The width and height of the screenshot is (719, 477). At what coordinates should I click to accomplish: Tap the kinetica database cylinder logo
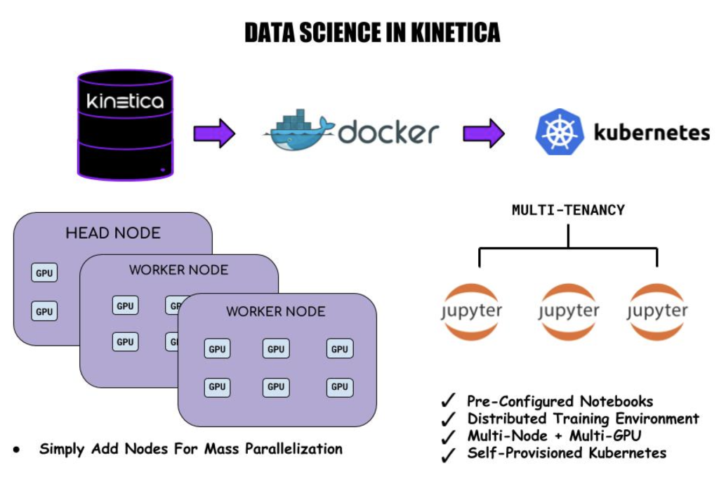coord(125,124)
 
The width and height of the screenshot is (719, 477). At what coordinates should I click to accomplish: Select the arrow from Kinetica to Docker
coord(214,133)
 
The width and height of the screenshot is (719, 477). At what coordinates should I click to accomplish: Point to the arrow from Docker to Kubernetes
coord(484,133)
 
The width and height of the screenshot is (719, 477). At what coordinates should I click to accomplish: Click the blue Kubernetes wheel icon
coord(559,131)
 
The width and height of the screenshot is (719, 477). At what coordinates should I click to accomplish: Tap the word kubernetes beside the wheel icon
coord(652,132)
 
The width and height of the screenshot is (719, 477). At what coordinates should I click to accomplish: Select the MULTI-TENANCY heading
coord(568,210)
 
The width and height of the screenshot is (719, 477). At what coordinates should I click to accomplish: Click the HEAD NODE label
coord(113,233)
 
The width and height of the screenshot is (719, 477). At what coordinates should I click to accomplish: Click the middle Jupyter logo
coord(569,311)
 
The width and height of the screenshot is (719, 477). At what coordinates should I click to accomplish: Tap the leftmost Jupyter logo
coord(471,311)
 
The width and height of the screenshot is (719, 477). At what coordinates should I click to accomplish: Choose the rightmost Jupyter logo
coord(657,311)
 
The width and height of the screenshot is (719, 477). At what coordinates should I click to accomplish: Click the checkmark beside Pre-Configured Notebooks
coord(447,401)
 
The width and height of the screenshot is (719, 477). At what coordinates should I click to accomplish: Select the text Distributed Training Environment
coord(583,419)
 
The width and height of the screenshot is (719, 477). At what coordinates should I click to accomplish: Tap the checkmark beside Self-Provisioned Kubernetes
coord(447,455)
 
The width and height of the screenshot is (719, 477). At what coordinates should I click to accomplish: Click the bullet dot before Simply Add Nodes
coord(16,449)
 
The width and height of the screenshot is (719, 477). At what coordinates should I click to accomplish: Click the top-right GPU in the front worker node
coord(339,348)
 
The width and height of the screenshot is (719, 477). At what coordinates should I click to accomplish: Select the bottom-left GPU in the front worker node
coord(217,386)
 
